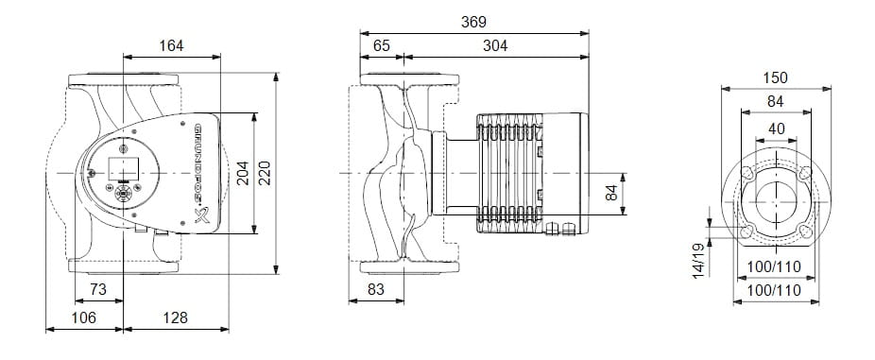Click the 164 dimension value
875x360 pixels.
click(171, 45)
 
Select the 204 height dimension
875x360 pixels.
click(243, 173)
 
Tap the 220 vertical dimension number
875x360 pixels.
click(265, 173)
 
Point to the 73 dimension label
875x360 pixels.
click(97, 289)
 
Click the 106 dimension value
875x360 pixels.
click(84, 317)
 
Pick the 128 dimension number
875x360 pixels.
click(175, 317)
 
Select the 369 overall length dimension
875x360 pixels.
click(473, 23)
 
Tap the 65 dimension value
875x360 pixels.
click(382, 45)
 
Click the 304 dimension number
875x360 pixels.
click(495, 45)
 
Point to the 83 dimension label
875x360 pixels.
click(376, 289)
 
